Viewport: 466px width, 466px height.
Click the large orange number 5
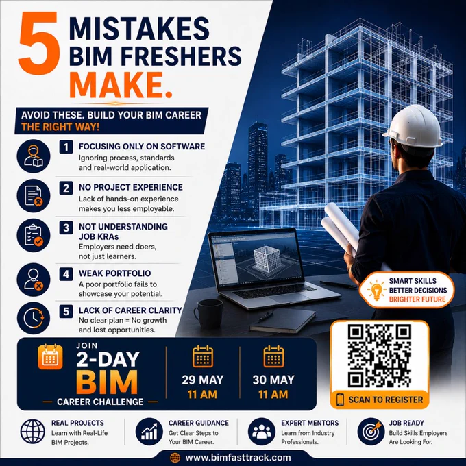coord(39,43)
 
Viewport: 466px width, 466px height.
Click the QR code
coord(380,356)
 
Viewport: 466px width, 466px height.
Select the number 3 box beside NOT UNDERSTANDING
coord(66,228)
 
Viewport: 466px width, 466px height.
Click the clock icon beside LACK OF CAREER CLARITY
coord(34,318)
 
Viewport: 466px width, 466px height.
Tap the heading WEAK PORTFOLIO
coord(114,273)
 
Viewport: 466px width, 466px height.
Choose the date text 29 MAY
coord(202,380)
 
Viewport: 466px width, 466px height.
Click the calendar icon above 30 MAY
coord(273,356)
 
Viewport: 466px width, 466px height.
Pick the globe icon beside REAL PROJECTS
coord(33,432)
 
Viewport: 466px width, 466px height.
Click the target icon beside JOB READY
coord(371,432)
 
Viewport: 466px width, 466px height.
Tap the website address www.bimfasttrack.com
coord(238,458)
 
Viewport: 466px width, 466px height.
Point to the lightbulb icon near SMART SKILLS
coord(376,290)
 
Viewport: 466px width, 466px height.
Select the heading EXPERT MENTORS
coord(310,423)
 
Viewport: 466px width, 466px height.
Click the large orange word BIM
coord(107,382)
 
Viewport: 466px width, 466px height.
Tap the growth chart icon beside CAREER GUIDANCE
coord(149,432)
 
